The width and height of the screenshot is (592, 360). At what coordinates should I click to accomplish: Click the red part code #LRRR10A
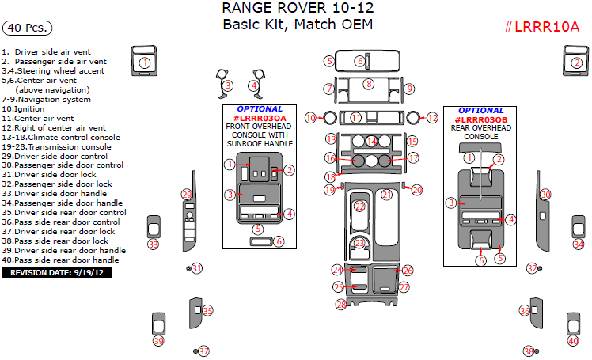click(541, 26)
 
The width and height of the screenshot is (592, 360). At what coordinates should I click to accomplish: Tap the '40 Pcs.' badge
click(27, 28)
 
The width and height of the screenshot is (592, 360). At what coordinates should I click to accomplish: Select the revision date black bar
click(57, 272)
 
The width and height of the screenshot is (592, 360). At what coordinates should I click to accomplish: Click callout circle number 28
click(341, 304)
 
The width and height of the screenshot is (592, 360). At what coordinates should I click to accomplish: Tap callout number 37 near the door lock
click(204, 351)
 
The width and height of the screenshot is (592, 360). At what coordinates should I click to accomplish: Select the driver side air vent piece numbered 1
click(144, 61)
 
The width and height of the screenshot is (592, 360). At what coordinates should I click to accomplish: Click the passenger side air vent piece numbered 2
click(575, 61)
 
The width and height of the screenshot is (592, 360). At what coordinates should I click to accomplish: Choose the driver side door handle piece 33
click(154, 227)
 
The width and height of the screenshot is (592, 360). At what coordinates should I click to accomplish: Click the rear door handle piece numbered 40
click(573, 324)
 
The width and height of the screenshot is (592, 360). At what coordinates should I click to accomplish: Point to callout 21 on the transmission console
click(386, 195)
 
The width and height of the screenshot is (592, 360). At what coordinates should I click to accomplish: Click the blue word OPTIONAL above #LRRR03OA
click(260, 109)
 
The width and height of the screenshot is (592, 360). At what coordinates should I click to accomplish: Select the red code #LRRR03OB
click(481, 120)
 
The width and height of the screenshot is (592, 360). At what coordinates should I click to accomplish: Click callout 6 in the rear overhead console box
click(481, 260)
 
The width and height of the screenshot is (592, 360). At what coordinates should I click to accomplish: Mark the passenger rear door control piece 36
click(537, 313)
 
